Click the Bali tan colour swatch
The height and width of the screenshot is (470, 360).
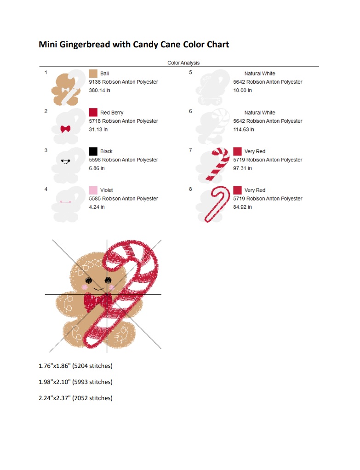93,74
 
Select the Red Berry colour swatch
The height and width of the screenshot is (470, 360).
93,112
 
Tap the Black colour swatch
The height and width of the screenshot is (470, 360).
93,151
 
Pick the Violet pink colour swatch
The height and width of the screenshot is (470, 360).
93,190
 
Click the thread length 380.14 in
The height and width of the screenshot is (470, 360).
99,90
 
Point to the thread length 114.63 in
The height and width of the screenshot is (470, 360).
244,130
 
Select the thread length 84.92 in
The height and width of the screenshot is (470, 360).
242,207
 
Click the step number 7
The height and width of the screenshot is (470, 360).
190,150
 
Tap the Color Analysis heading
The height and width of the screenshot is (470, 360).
183,63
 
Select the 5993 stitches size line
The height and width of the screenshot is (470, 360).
75,382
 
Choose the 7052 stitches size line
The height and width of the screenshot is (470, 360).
75,398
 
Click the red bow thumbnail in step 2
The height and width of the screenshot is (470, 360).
65,129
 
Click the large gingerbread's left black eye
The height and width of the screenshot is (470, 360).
88,280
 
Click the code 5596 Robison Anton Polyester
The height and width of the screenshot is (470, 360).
124,160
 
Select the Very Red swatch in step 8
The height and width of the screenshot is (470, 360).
237,190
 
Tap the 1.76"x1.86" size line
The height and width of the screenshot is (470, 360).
75,366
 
